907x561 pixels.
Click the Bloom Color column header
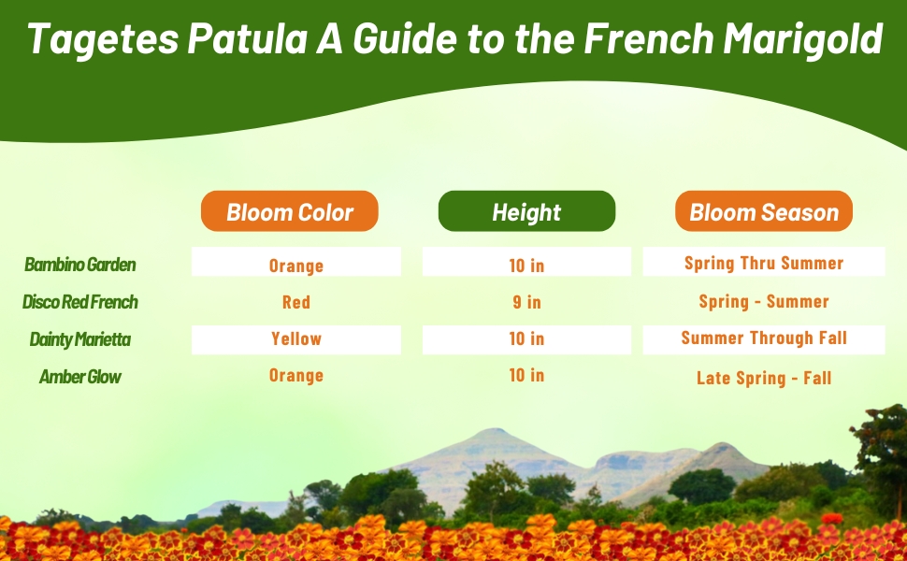click(x=290, y=212)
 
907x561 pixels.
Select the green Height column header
click(x=526, y=212)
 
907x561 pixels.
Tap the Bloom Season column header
click(x=764, y=212)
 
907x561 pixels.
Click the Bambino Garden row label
click(x=80, y=265)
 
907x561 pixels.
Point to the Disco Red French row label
click(x=80, y=302)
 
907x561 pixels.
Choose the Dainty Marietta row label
click(x=80, y=339)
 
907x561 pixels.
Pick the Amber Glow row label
click(x=80, y=377)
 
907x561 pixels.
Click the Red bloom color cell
click(x=296, y=302)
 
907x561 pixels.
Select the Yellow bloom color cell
click(x=296, y=338)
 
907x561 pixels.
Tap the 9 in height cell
click(x=526, y=302)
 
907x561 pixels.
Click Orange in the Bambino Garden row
click(x=296, y=266)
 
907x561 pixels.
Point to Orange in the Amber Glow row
click(x=296, y=375)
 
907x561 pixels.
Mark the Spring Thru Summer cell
click(x=764, y=263)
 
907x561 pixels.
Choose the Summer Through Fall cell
click(x=764, y=338)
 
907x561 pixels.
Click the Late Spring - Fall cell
click(x=764, y=378)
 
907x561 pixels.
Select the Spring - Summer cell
click(x=764, y=302)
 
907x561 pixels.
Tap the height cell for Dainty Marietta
click(x=526, y=338)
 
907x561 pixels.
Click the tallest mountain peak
click(x=490, y=432)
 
